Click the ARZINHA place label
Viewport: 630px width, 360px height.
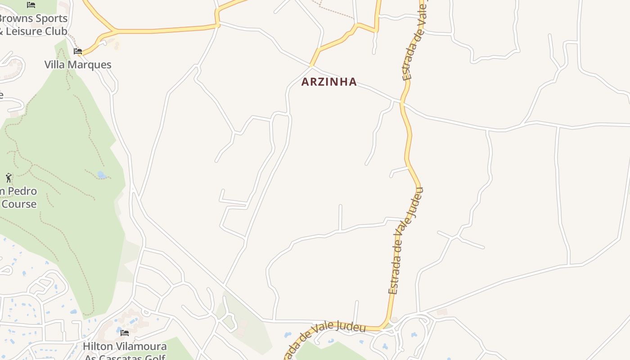329,82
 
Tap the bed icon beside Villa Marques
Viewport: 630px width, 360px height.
78,51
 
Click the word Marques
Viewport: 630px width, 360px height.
94,65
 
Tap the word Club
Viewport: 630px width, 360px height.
58,31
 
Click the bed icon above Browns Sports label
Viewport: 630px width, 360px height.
31,5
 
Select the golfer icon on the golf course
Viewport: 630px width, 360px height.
9,178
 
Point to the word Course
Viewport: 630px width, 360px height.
19,204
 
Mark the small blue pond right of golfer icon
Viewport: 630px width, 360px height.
102,175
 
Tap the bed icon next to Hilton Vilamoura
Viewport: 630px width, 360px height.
125,333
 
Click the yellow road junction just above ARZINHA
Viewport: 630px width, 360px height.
311,66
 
